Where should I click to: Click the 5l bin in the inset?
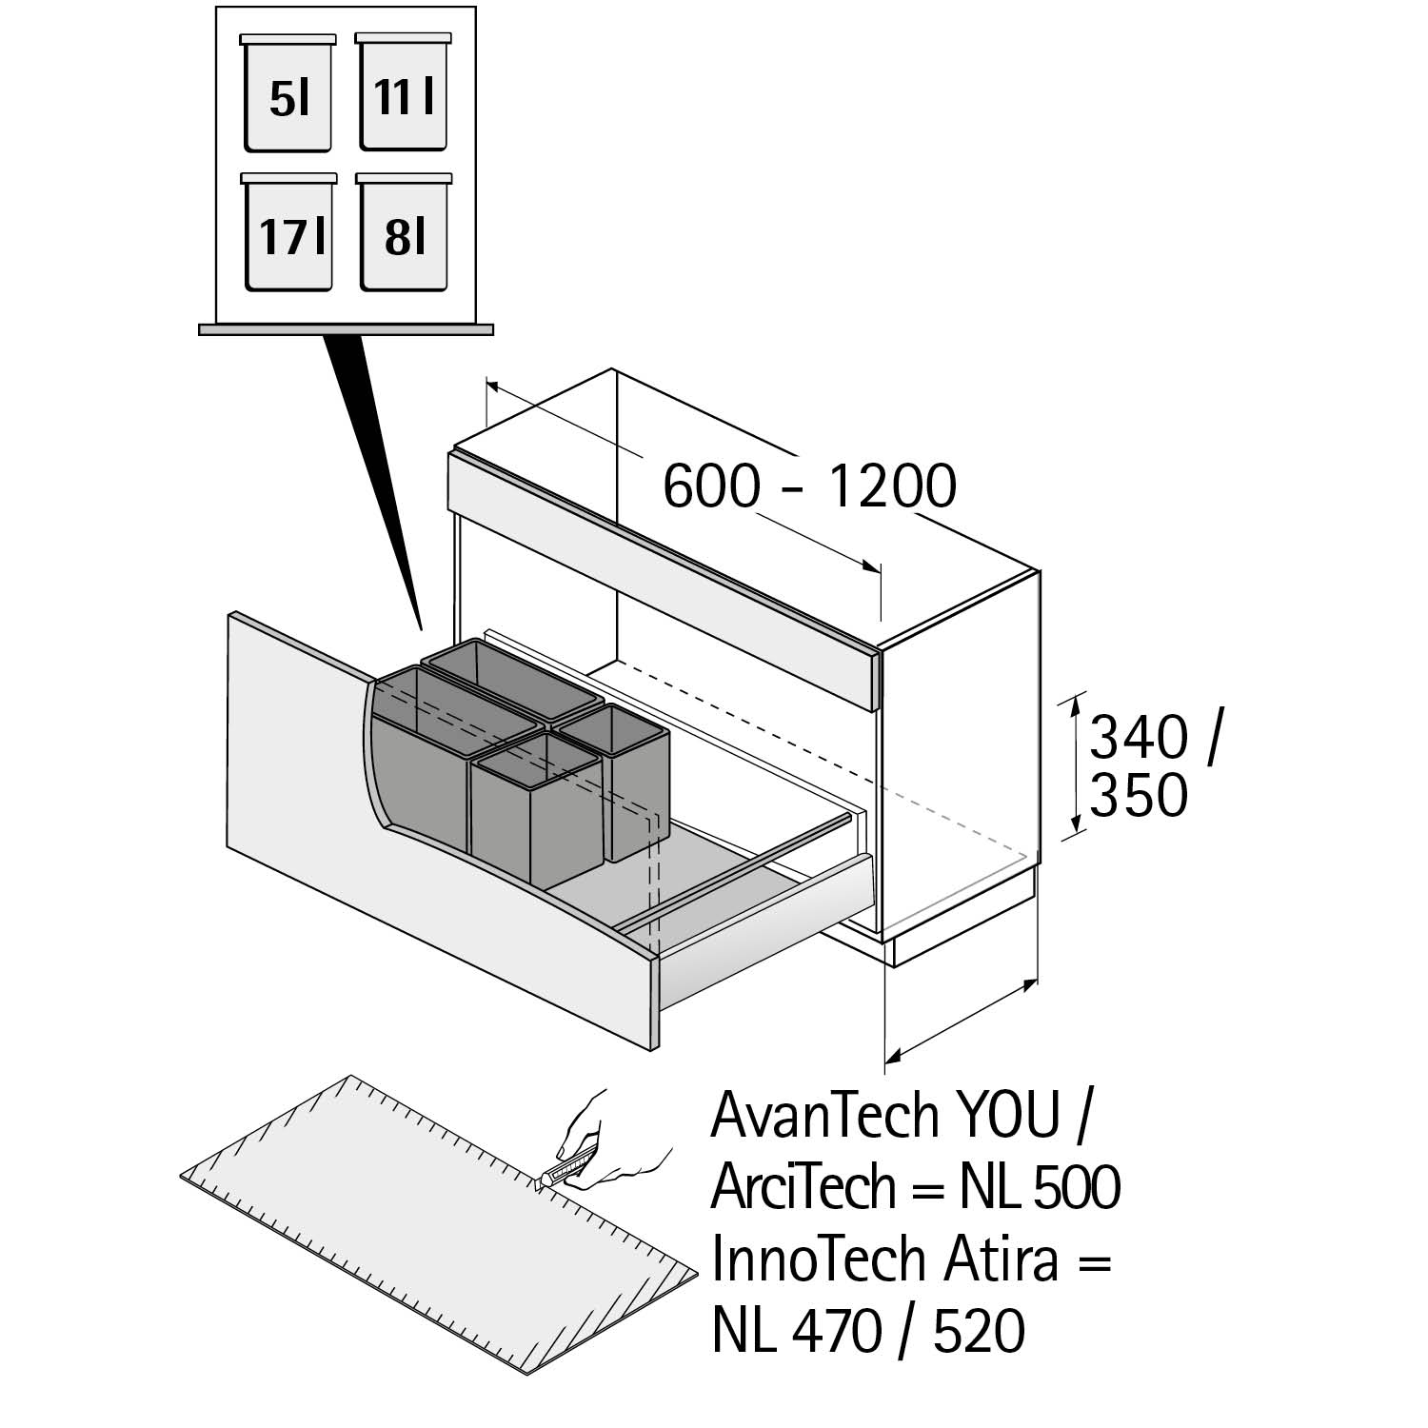coord(288,96)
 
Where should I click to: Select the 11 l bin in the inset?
coord(404,95)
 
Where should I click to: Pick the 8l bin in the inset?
coord(405,235)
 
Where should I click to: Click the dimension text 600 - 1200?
coord(808,487)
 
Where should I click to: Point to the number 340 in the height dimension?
coord(1139,739)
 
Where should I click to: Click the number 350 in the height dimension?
coord(1139,796)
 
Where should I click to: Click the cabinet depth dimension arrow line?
coord(962,1019)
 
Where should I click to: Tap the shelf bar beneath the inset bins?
coord(346,329)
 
